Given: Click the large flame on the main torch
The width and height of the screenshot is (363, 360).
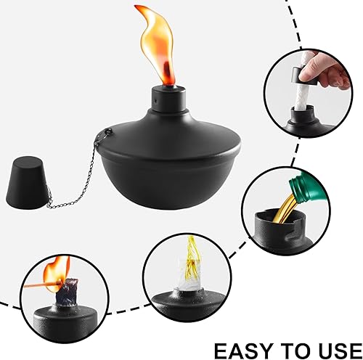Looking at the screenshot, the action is coord(155,44).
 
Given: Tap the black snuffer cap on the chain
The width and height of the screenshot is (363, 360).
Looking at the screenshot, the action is coord(26,183).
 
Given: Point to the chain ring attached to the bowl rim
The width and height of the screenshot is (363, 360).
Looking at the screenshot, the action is coord(108,133).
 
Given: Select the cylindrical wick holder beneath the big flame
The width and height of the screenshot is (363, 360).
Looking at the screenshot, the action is coord(168,99).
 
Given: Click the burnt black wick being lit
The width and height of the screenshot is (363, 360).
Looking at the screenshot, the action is coord(68,292).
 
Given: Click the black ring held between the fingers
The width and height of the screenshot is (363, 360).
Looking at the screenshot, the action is coord(304,75).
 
